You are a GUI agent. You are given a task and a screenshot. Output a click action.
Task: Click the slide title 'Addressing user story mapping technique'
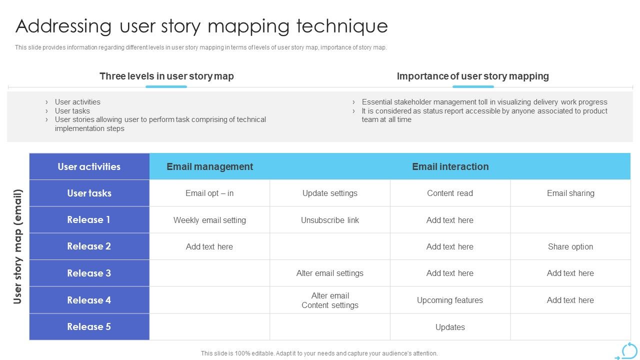(x=201, y=26)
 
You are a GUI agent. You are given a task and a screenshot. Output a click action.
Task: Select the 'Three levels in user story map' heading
(x=166, y=76)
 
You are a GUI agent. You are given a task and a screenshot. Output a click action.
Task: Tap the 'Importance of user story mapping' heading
(x=472, y=76)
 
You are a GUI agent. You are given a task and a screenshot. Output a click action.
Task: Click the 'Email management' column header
(x=209, y=167)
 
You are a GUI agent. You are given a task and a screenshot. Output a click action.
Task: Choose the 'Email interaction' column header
(x=450, y=167)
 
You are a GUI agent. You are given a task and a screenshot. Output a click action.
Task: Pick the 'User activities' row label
(x=89, y=167)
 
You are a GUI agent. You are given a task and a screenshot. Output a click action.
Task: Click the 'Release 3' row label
(x=89, y=273)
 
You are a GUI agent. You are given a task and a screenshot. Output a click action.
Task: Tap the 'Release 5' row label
(x=89, y=327)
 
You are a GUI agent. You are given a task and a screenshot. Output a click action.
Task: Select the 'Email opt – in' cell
(x=209, y=193)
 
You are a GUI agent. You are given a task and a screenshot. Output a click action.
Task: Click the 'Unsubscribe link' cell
(x=330, y=220)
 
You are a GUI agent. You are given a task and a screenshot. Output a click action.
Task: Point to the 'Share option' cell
(x=570, y=247)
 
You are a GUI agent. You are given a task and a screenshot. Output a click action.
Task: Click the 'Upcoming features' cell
(x=450, y=300)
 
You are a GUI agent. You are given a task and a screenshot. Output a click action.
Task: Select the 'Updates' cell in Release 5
(x=450, y=327)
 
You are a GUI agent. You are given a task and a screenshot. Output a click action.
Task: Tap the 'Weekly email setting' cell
(x=209, y=220)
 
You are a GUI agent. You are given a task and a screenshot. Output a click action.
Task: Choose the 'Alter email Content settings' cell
(x=330, y=300)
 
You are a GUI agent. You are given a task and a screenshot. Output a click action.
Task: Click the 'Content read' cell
(x=450, y=193)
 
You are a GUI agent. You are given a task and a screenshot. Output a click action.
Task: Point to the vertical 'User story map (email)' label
(x=18, y=246)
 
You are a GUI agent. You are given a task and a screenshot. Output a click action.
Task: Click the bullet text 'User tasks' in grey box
(x=72, y=111)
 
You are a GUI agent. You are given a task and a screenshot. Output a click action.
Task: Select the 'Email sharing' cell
(x=570, y=193)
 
